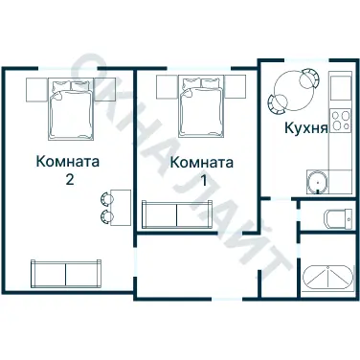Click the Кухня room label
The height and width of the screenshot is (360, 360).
(306, 126)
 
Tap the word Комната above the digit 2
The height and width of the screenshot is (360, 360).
(65, 160)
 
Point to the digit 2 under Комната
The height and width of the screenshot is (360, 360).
(66, 178)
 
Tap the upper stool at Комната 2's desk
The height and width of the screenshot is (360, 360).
(103, 198)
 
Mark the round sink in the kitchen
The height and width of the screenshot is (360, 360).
(317, 179)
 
